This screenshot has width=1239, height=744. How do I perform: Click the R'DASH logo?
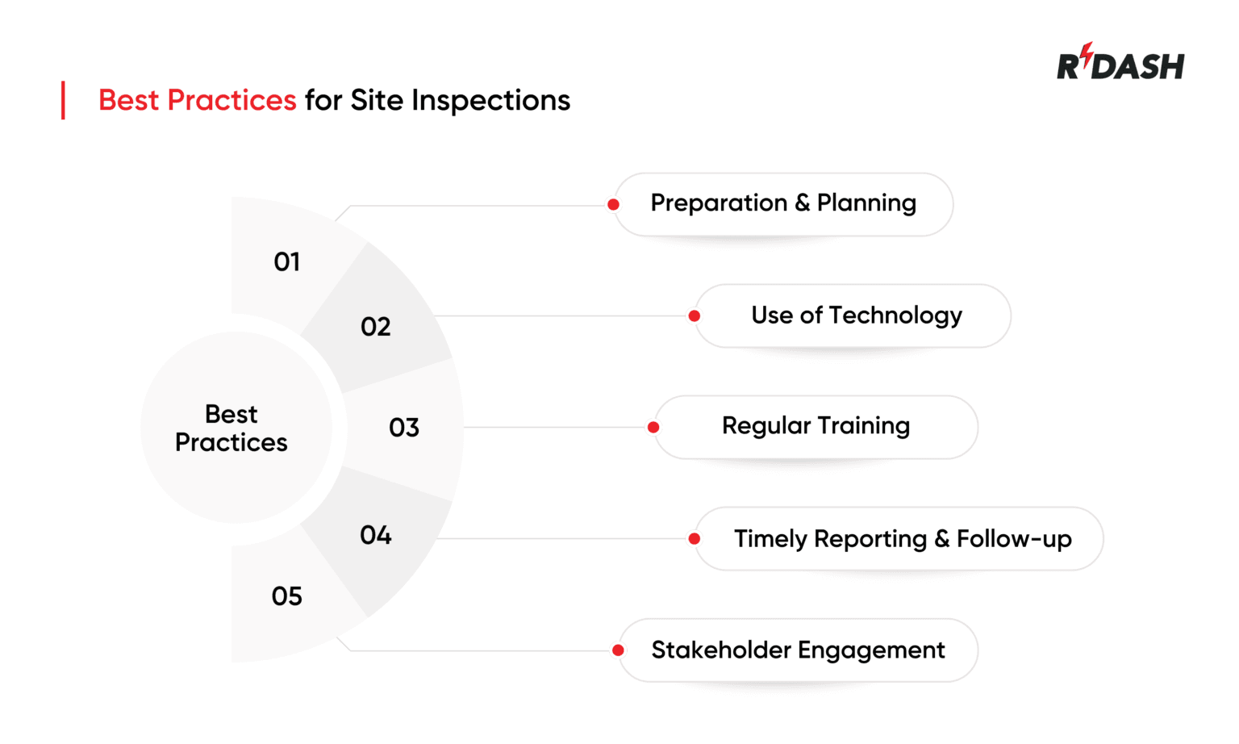[x=1120, y=63]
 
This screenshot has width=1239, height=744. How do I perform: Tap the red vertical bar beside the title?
[x=63, y=100]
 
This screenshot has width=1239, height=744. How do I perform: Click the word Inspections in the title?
[x=490, y=100]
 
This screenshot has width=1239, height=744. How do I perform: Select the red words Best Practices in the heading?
[x=198, y=100]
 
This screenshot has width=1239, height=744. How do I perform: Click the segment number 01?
[x=287, y=262]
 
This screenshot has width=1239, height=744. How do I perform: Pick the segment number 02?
[x=376, y=327]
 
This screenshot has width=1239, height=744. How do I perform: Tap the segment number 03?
[x=404, y=428]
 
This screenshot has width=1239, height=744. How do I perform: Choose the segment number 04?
[x=376, y=535]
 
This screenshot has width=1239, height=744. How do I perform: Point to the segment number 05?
[x=287, y=596]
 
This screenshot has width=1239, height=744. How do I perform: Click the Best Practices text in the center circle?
[x=232, y=428]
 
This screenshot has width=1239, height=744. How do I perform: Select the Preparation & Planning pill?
[x=783, y=203]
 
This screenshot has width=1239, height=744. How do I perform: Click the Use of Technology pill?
[x=856, y=316]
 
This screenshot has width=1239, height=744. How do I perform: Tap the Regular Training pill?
[x=816, y=426]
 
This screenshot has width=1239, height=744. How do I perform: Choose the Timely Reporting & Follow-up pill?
[x=902, y=539]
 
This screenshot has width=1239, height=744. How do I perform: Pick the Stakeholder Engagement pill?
[x=798, y=650]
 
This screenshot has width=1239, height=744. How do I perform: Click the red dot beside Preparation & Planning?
[x=614, y=205]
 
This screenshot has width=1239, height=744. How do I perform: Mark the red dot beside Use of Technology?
[x=695, y=316]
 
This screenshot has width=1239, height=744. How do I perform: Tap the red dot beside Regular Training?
[x=653, y=428]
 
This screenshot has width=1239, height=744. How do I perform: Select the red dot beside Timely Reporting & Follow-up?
[x=695, y=539]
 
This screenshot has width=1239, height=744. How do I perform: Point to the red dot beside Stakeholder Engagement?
[x=618, y=650]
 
